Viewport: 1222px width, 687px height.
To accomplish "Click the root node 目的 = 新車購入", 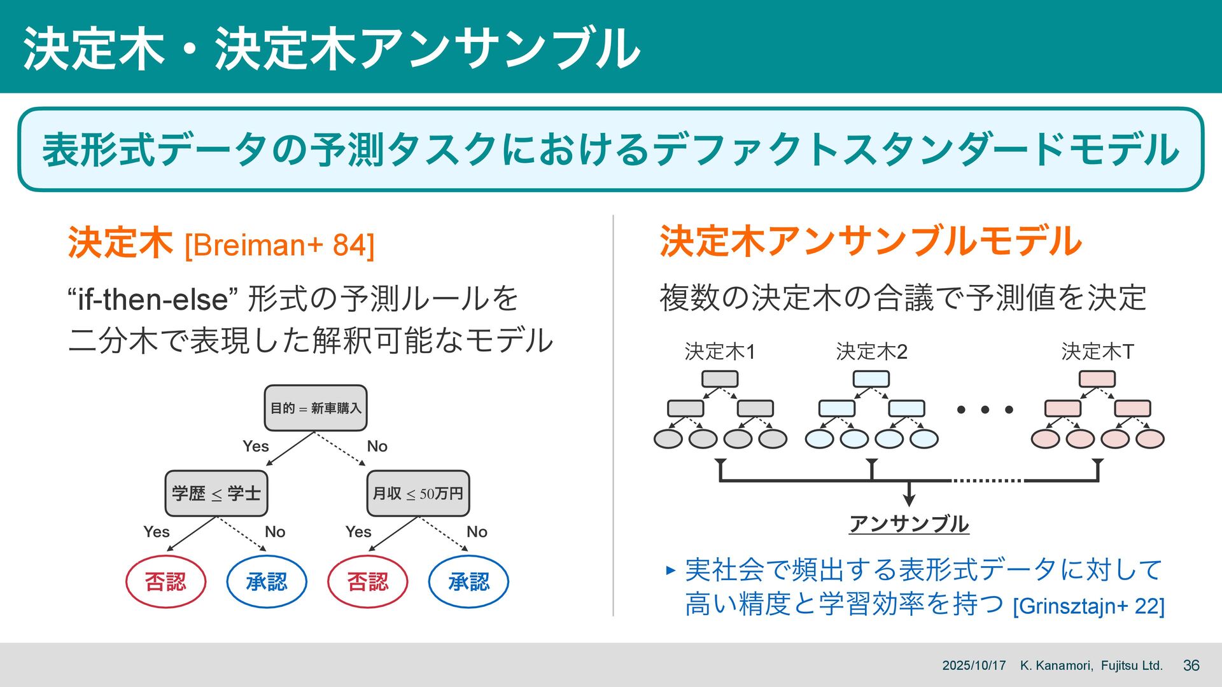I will (316, 408).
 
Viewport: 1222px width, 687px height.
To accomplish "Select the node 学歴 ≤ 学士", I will (216, 494).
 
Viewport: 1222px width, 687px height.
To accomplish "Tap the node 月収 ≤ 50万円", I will (418, 494).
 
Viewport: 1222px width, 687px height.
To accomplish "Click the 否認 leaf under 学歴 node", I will (165, 581).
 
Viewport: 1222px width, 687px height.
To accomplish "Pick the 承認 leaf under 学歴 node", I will (267, 581).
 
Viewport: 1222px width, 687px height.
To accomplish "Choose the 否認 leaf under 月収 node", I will (368, 581).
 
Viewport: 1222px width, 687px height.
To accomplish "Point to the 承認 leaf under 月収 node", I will (469, 581).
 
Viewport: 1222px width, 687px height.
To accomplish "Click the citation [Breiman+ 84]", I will (279, 246).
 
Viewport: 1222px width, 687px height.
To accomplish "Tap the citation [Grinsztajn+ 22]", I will (1088, 606).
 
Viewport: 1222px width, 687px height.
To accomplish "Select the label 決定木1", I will (720, 351).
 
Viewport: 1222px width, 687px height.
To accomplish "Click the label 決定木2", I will (871, 351).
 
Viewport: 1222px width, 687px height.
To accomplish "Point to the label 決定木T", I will (1097, 351).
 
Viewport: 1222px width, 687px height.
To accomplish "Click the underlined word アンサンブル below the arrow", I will (909, 524).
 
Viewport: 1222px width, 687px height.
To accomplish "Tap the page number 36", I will (1191, 665).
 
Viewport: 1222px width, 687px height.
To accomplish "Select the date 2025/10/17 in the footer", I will (974, 665).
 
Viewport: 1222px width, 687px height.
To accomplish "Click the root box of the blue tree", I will (871, 379).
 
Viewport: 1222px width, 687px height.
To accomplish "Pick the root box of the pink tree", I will (1097, 379).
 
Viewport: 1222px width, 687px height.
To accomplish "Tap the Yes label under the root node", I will (256, 447).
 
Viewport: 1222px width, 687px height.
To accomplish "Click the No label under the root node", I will (377, 447).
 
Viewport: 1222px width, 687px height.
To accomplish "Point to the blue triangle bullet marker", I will (670, 570).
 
